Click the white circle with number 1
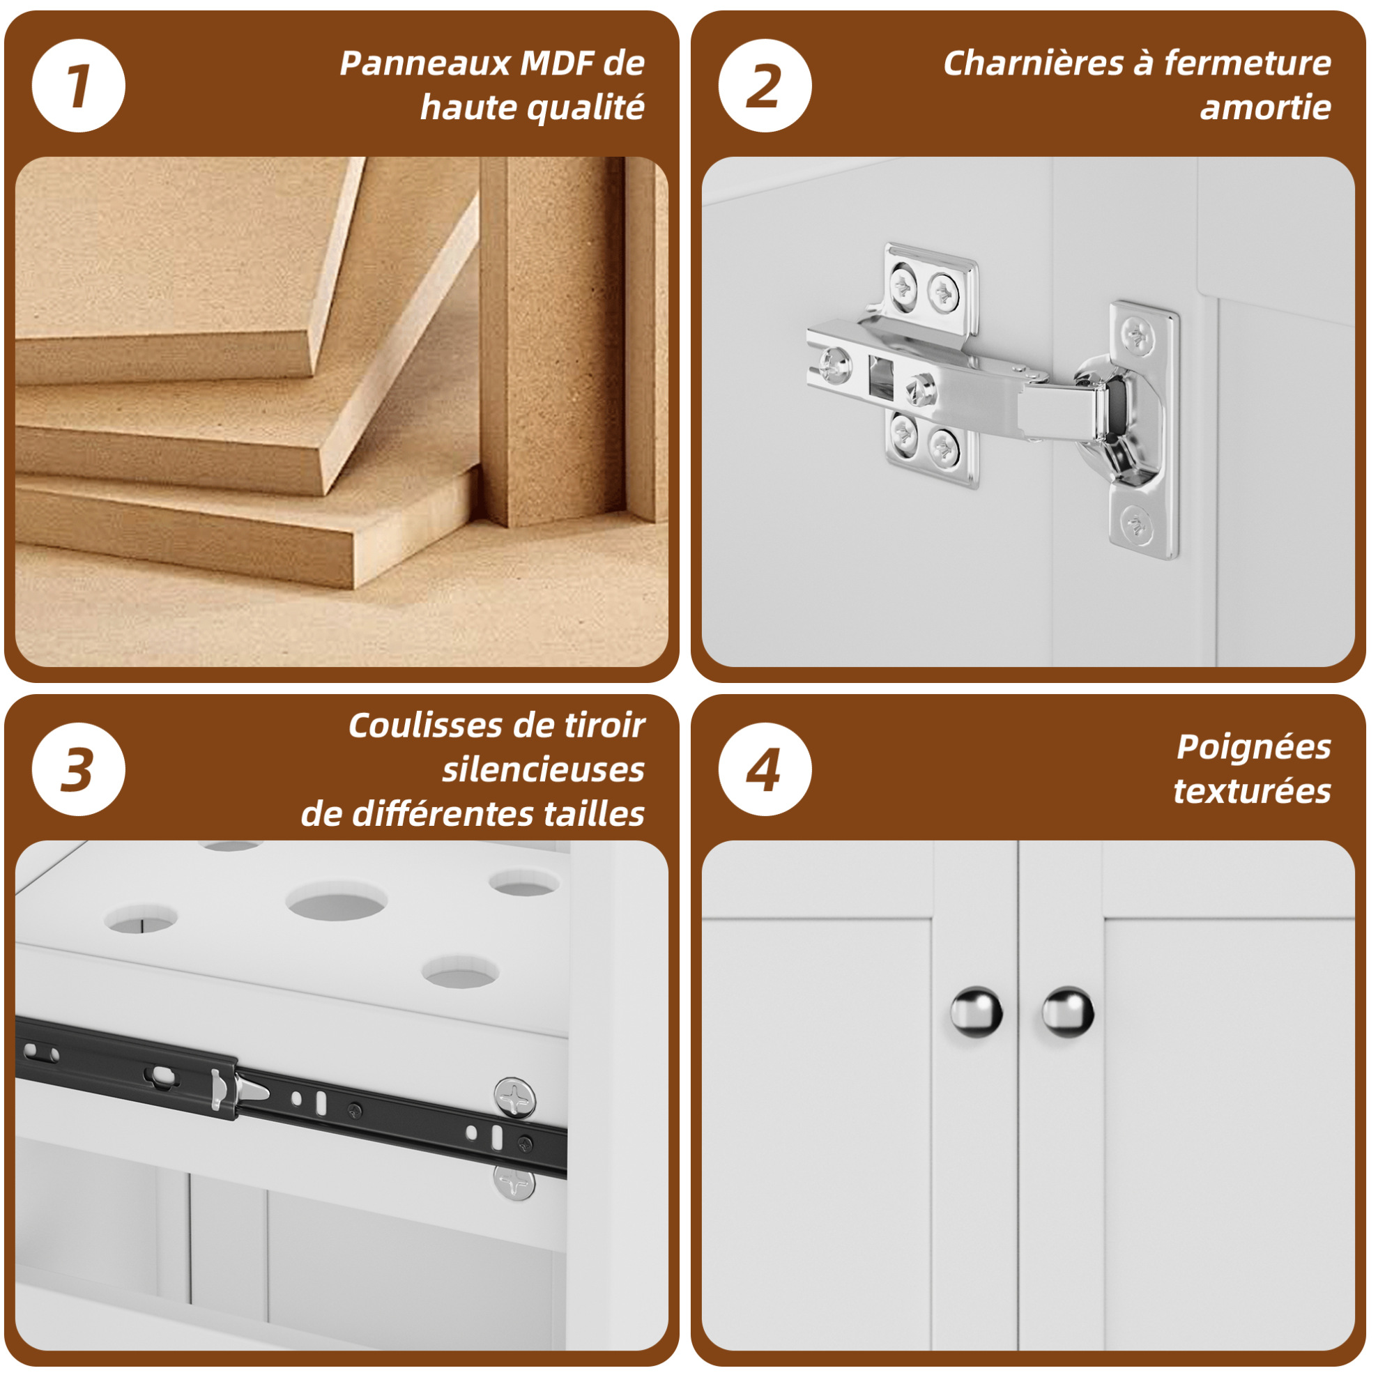pos(79,86)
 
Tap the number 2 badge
pos(765,86)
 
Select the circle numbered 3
pos(79,769)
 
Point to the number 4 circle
pos(765,769)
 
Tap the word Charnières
pos(1034,63)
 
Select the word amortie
pos(1265,108)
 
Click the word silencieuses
pos(544,770)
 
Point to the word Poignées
pos(1254,748)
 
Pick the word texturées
pos(1253,792)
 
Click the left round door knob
pos(976,1011)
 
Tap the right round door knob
pos(1067,1011)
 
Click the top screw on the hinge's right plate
pos(1138,335)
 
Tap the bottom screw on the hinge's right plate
pos(1135,525)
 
